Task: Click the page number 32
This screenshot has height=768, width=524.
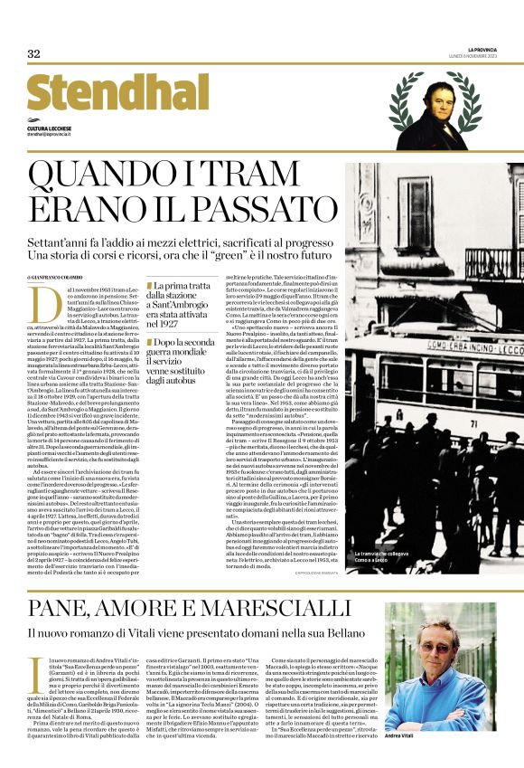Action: pyautogui.click(x=34, y=53)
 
